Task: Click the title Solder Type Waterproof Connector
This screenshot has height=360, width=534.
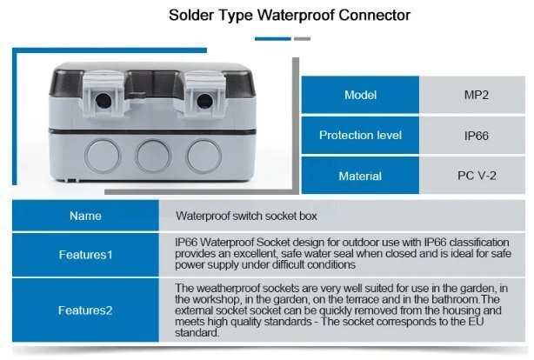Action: tap(290, 16)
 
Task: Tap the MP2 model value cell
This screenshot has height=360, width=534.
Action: tap(472, 95)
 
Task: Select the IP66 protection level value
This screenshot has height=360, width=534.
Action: tap(477, 136)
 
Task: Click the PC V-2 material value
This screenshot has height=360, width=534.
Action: tap(477, 176)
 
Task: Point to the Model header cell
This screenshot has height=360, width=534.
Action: tap(360, 95)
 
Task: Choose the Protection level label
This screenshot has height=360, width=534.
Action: tap(360, 135)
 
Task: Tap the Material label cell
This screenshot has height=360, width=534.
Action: tap(360, 176)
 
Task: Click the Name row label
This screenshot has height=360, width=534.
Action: tap(85, 216)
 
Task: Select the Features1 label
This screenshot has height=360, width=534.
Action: tap(85, 255)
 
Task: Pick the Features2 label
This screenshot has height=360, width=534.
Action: tap(85, 310)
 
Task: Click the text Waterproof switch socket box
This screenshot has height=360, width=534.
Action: tap(246, 216)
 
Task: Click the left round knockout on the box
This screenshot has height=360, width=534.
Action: tap(102, 156)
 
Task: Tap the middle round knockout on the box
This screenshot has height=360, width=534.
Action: tap(153, 156)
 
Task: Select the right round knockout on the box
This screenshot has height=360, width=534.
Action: tap(204, 156)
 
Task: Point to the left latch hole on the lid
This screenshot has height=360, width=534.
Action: tap(103, 101)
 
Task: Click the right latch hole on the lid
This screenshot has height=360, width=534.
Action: tap(204, 101)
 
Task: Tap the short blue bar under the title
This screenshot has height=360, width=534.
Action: tap(273, 39)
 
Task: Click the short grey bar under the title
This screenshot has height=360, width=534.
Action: tap(302, 39)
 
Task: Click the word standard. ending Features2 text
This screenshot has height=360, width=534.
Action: tap(197, 333)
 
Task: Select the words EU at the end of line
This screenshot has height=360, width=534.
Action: tap(476, 322)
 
